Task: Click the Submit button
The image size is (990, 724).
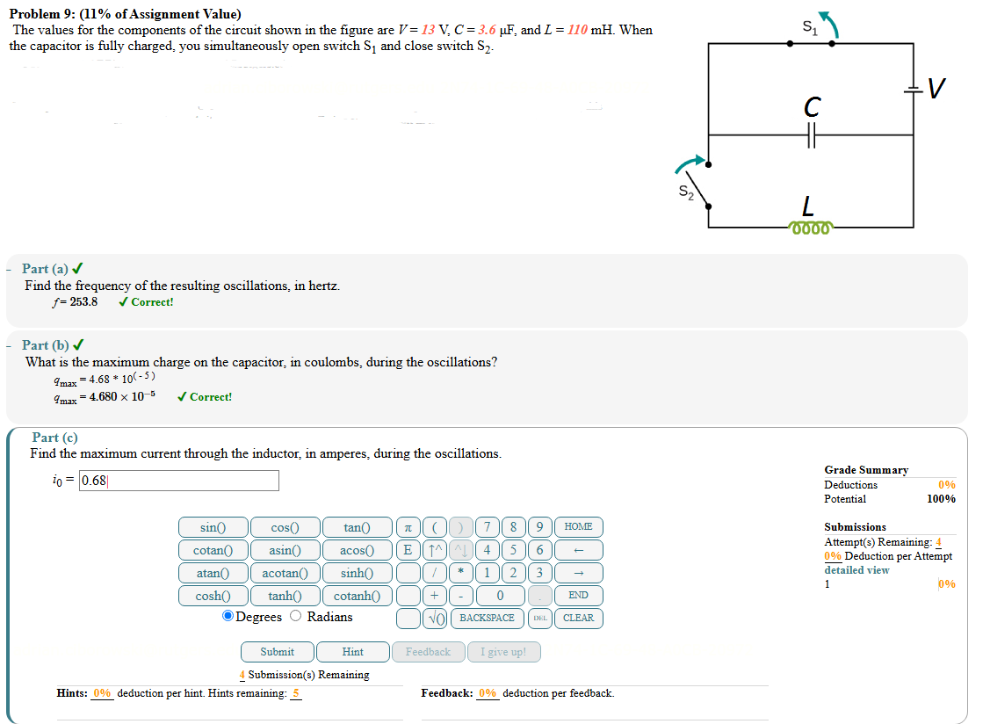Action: click(277, 652)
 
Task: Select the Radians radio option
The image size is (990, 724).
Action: click(298, 617)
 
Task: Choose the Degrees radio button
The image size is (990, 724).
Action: click(228, 617)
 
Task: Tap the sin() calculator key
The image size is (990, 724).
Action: click(212, 527)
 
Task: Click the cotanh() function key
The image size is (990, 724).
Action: click(357, 596)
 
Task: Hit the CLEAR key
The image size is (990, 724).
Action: click(578, 618)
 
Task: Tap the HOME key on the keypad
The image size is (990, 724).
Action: click(578, 527)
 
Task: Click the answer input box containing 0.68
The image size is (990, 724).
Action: click(179, 481)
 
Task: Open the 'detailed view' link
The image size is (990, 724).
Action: click(856, 570)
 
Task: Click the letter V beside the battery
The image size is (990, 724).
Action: click(937, 89)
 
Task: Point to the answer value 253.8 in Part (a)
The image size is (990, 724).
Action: click(83, 302)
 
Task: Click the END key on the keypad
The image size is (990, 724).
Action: click(578, 596)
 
